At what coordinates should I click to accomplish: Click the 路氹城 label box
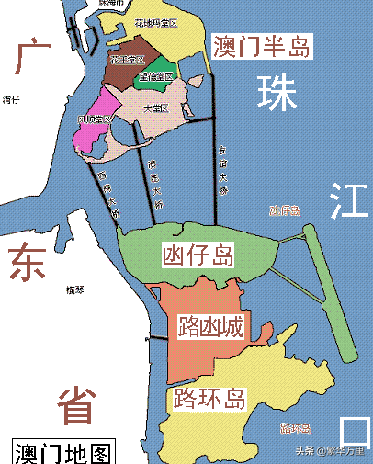(210, 324)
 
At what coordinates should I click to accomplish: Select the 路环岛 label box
(210, 399)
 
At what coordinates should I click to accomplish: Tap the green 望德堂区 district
(155, 76)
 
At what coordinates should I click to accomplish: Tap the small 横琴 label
(74, 290)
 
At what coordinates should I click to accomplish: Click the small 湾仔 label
(11, 98)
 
